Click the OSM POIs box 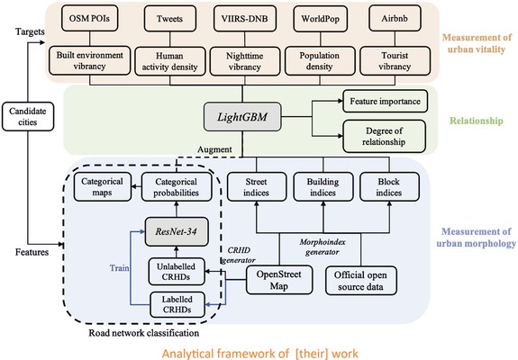click(89, 18)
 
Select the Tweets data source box click(169, 19)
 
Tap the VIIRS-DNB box click(245, 19)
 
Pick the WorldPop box click(320, 19)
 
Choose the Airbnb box click(395, 19)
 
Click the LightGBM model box click(242, 117)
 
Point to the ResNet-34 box click(176, 231)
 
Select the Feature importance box click(386, 101)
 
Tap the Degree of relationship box click(384, 136)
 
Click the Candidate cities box click(28, 116)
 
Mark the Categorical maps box click(103, 187)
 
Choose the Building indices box click(323, 187)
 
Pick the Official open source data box click(360, 281)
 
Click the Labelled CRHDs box click(177, 304)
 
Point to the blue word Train click(119, 267)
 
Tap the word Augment click(214, 149)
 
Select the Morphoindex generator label click(323, 247)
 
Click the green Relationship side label click(477, 121)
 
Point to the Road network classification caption click(144, 333)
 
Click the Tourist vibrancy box click(395, 61)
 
